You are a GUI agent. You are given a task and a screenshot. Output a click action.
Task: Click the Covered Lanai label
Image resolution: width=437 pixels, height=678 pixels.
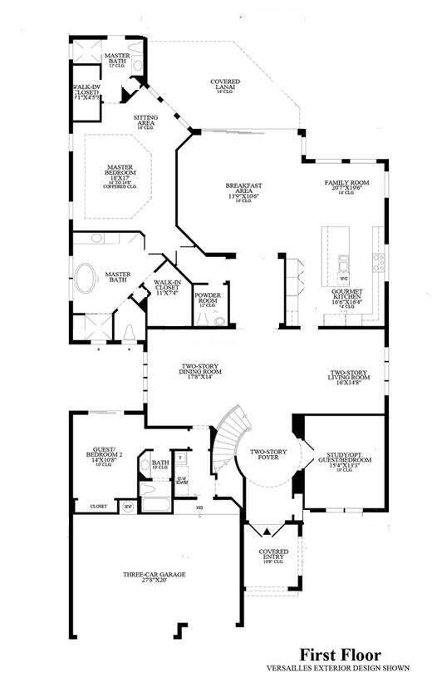point(225,84)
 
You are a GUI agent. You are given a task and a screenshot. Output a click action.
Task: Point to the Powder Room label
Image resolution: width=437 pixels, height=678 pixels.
point(207,298)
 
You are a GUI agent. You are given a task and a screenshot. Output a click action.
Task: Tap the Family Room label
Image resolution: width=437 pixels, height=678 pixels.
point(346,186)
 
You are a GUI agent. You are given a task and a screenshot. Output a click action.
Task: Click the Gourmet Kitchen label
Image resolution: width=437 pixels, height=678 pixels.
point(347,297)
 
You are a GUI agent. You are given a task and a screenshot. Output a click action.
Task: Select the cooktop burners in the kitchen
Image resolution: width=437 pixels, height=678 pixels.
point(379,263)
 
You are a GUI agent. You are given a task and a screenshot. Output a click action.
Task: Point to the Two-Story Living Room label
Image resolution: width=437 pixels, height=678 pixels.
point(349,377)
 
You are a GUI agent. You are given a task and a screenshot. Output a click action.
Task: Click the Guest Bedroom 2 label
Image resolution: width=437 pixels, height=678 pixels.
point(104,456)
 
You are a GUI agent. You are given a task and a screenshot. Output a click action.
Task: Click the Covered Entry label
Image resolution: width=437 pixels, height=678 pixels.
point(273,554)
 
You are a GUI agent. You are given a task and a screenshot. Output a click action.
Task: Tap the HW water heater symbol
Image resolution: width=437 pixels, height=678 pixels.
point(128,505)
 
